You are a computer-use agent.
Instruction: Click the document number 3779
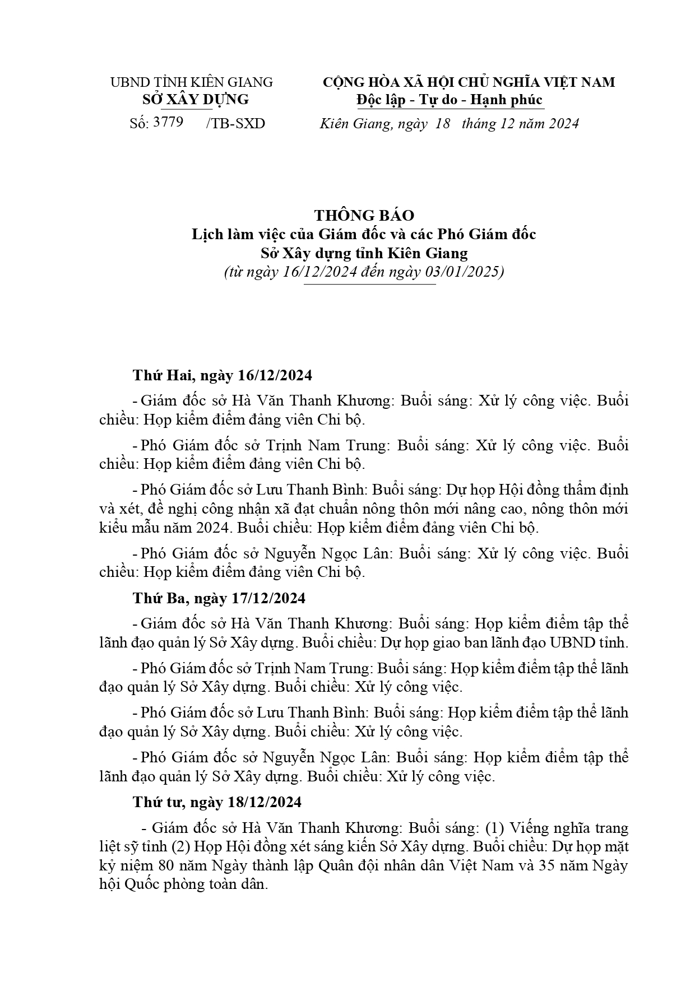click(x=168, y=123)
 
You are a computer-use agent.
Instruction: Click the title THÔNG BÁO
click(x=364, y=216)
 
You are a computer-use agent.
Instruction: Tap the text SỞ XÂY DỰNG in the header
click(x=196, y=100)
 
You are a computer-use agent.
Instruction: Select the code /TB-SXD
click(x=235, y=124)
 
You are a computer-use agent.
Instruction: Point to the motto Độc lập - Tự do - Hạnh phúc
click(x=450, y=100)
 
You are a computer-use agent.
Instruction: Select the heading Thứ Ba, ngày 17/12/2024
click(x=219, y=598)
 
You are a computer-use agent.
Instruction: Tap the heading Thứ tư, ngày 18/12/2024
click(x=217, y=802)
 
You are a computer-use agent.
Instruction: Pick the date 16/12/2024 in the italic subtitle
click(x=319, y=273)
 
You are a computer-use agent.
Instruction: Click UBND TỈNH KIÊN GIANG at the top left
click(x=191, y=82)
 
